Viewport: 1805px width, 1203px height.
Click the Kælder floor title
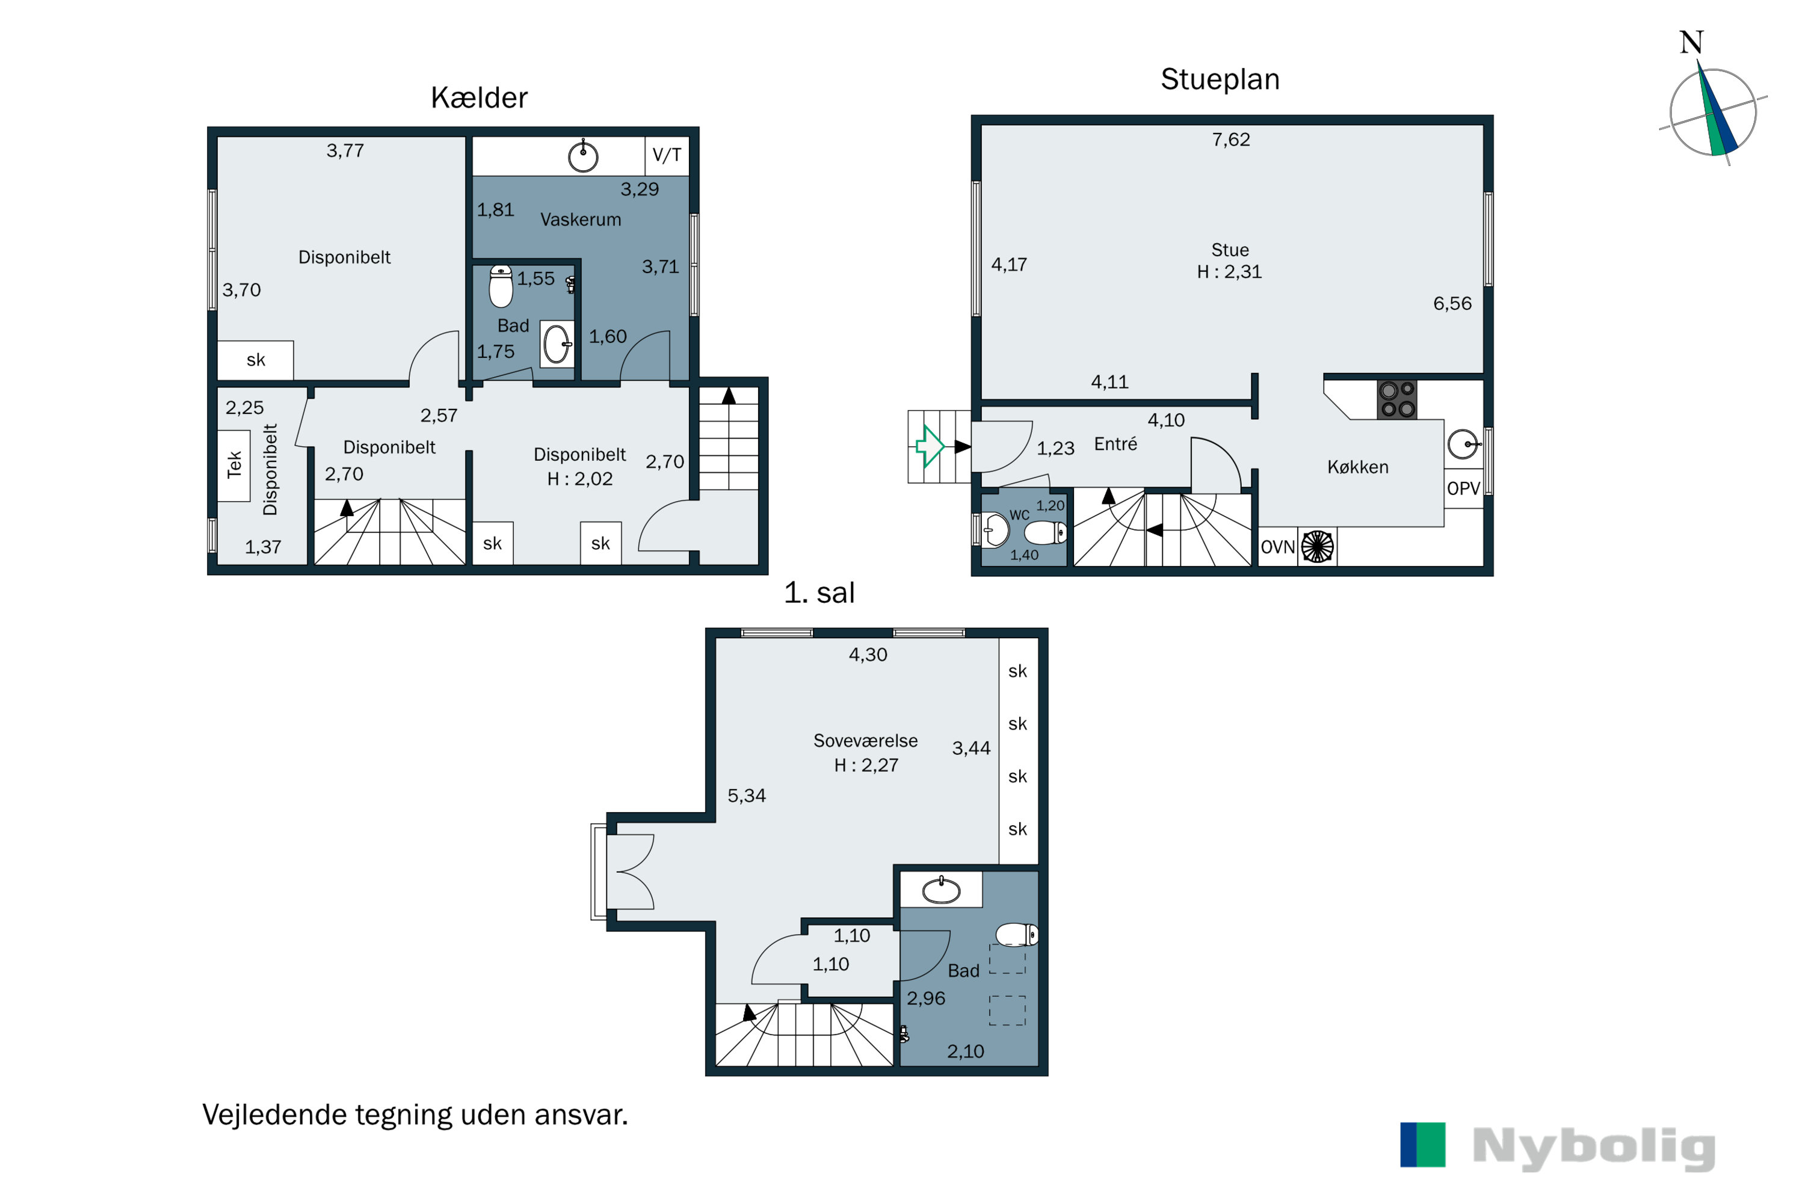tap(479, 98)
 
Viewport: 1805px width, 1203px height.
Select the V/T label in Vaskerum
tap(667, 155)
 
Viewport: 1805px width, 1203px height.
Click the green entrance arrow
tap(930, 446)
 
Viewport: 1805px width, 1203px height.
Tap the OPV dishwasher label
tap(1463, 488)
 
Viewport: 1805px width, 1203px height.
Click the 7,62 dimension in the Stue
tap(1231, 140)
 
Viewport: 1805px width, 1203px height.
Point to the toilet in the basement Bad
tap(501, 286)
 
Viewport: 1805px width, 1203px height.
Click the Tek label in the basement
tap(235, 465)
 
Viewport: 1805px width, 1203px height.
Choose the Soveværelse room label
tap(866, 741)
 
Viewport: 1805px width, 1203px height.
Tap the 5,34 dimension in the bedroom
tap(747, 796)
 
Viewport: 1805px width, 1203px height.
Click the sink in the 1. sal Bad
tap(941, 890)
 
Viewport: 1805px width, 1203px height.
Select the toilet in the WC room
tap(1045, 532)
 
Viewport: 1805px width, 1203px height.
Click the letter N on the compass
tap(1691, 42)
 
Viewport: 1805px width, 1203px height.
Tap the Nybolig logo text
tap(1594, 1148)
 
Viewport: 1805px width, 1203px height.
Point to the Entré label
tap(1115, 445)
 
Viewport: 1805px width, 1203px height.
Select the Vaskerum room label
tap(581, 220)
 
